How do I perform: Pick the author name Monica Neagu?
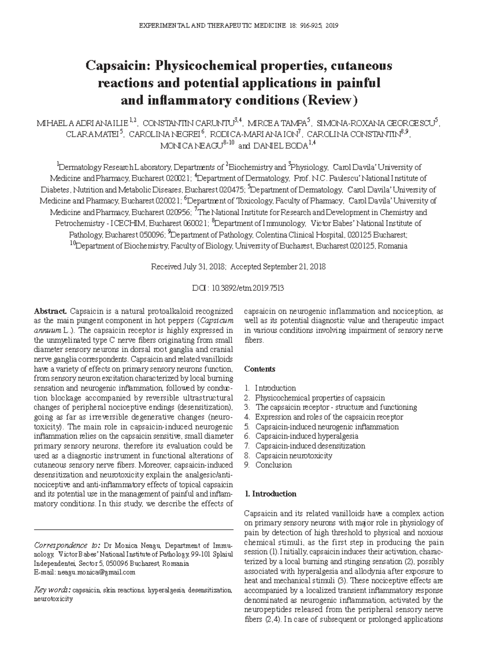click(190, 146)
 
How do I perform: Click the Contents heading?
click(260, 369)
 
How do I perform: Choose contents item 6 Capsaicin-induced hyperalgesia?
click(306, 436)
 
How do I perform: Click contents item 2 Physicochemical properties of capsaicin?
click(319, 398)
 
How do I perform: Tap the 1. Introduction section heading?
click(270, 494)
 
